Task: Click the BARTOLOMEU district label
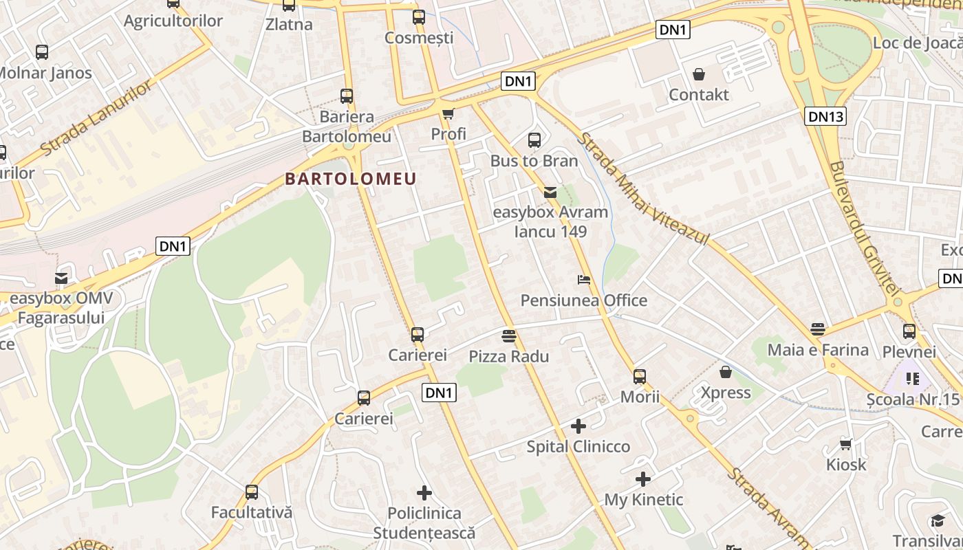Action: coord(351,179)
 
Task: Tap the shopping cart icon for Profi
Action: coord(448,114)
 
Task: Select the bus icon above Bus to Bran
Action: coord(534,140)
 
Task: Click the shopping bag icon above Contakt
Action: coord(699,74)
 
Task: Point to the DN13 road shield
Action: coord(825,116)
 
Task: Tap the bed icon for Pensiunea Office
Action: coord(583,280)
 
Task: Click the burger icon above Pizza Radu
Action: coord(509,336)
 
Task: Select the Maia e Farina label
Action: coord(818,350)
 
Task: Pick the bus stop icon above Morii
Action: coord(640,376)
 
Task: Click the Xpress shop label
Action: coord(726,393)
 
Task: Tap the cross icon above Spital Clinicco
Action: coord(578,426)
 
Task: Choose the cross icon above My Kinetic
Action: coord(643,479)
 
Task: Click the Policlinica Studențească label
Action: coord(424,522)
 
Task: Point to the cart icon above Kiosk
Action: coord(845,445)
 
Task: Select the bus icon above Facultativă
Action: coord(252,492)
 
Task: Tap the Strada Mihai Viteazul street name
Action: coord(642,189)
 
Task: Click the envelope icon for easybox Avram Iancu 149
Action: coord(550,192)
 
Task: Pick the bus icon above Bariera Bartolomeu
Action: coord(347,96)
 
